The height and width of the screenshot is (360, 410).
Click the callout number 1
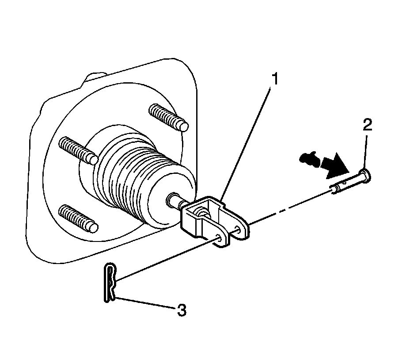click(274, 79)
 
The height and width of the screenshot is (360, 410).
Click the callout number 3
click(182, 310)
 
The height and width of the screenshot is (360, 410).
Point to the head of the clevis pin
click(365, 175)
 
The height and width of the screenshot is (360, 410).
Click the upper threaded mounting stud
click(168, 117)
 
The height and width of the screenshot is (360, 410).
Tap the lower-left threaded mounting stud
click(78, 218)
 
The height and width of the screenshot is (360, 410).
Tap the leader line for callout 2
click(365, 152)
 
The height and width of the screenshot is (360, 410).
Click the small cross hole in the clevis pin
click(345, 181)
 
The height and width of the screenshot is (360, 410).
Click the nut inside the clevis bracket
click(202, 211)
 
